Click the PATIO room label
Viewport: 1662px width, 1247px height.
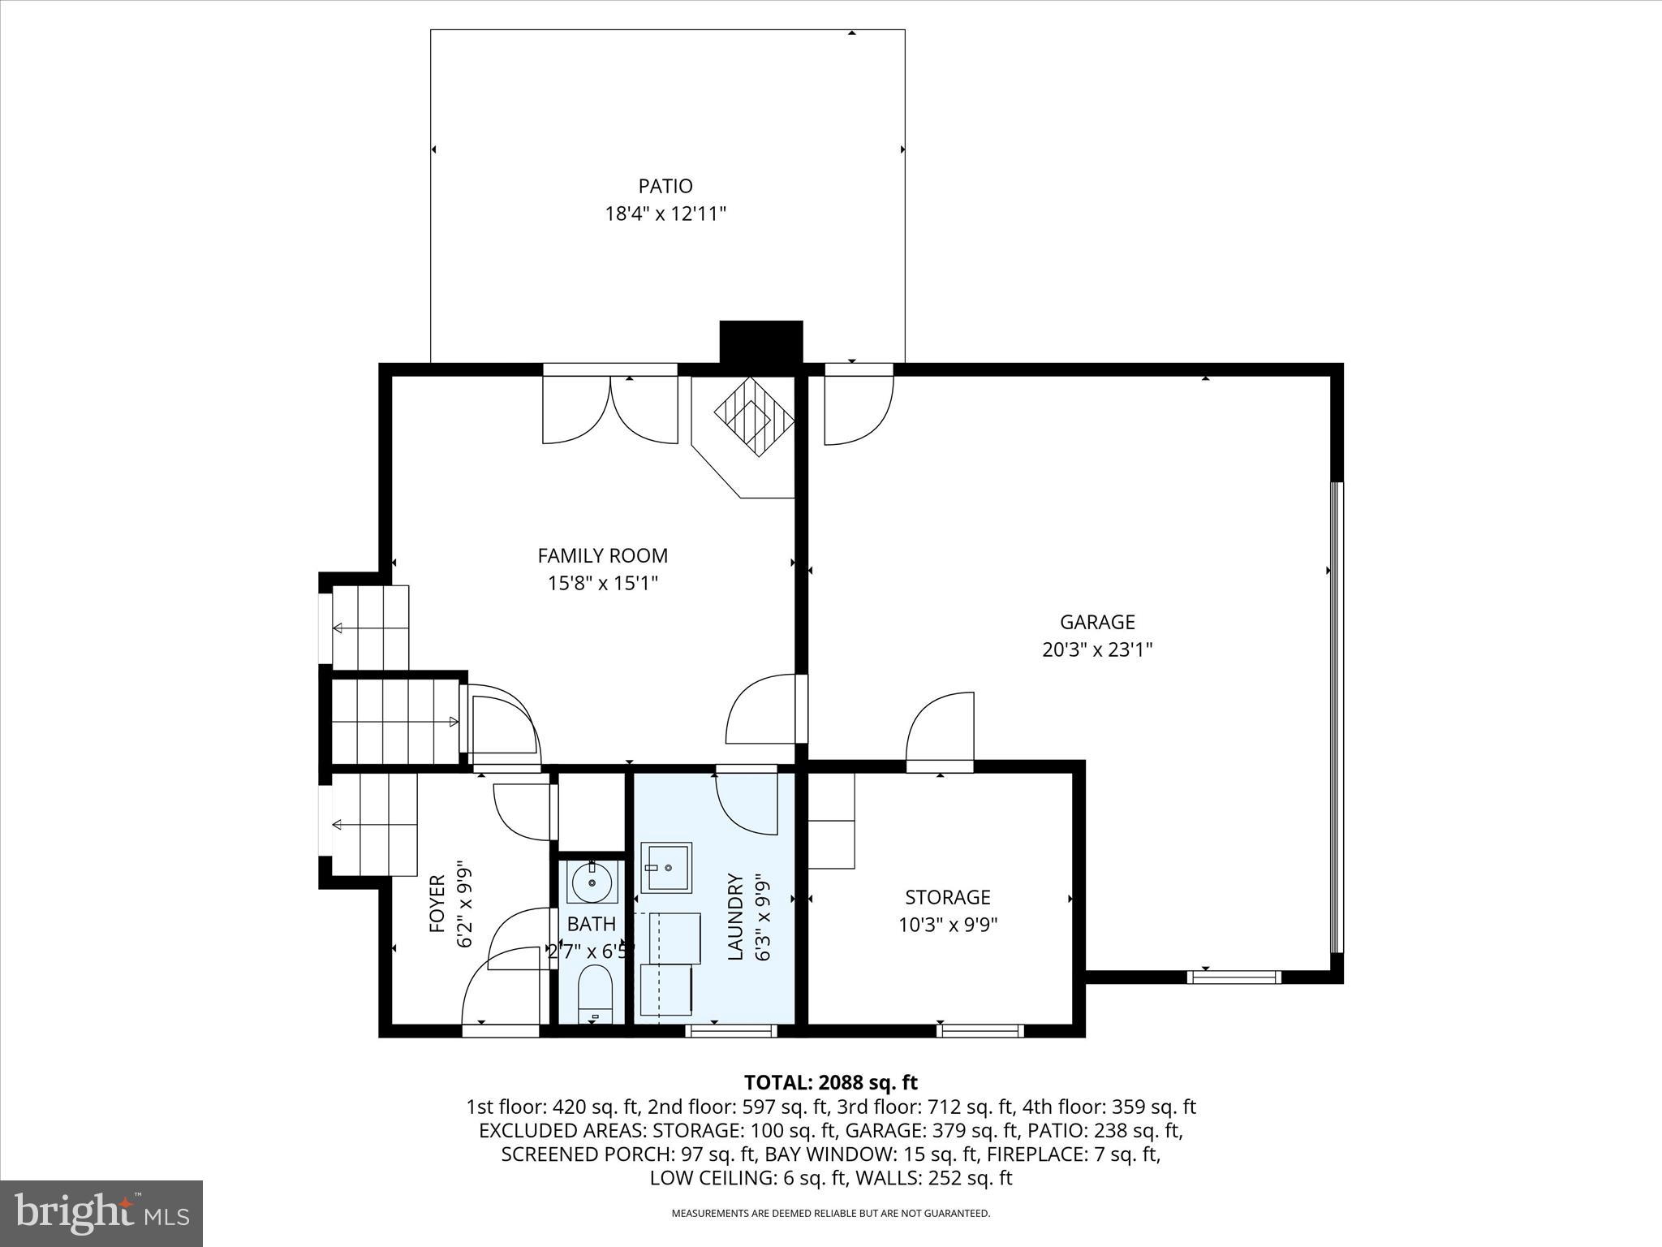[x=665, y=186]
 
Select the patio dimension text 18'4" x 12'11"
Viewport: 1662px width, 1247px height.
[x=665, y=214]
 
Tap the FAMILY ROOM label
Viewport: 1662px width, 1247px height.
[x=602, y=556]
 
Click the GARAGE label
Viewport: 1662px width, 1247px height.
[x=1097, y=623]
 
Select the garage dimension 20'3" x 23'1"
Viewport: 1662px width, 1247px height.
[x=1097, y=650]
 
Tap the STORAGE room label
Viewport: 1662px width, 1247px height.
[x=947, y=897]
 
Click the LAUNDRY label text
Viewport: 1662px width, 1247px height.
[x=735, y=917]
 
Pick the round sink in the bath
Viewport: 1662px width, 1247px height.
[x=592, y=882]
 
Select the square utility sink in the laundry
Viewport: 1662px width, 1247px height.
[x=666, y=868]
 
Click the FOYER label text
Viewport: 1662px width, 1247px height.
[x=437, y=903]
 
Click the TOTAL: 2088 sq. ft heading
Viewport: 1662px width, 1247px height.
[x=830, y=1082]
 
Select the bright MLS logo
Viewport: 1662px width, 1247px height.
[x=101, y=1215]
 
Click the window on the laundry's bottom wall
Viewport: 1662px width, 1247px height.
[x=731, y=1031]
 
